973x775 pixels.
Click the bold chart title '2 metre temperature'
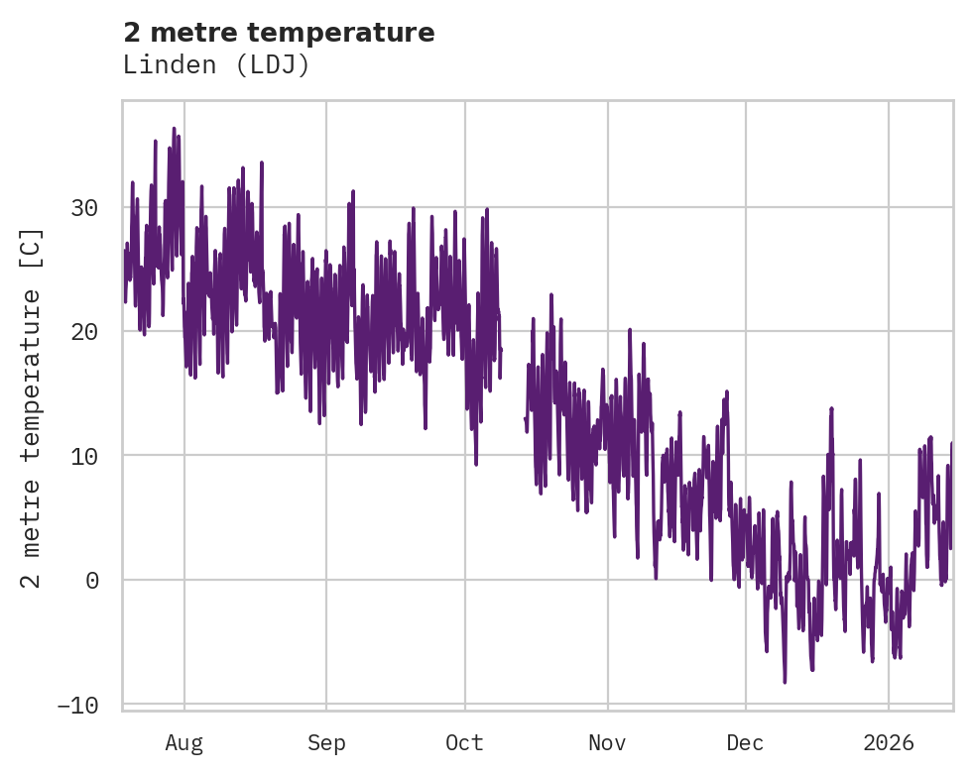tap(279, 33)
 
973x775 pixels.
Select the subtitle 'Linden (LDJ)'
tap(216, 64)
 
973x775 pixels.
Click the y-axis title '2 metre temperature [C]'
tap(32, 407)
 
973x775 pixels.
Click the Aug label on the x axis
tap(184, 743)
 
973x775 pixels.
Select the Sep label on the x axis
tap(325, 743)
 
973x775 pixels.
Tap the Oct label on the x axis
tap(465, 743)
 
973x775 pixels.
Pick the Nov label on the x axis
tap(607, 743)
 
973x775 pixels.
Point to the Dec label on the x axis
tap(746, 743)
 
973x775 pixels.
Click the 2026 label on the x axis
tap(889, 743)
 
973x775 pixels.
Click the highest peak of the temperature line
tap(174, 128)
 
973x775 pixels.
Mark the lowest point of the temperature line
tap(785, 682)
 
